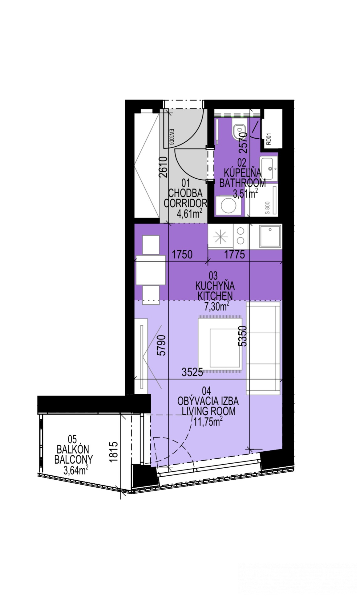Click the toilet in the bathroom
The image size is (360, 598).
pos(238,130)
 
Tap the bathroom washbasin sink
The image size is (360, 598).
pos(269,168)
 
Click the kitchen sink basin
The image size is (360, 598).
pos(270,236)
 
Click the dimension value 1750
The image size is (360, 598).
pos(182,255)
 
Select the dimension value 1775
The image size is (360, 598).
pos(234,255)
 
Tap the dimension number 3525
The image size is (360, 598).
pos(192,372)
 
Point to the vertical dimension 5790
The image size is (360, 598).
pos(161,345)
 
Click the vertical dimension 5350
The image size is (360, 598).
pos(242,336)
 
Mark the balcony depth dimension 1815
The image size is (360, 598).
pos(114,451)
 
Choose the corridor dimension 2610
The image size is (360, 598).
pos(163,167)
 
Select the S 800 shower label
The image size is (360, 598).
pos(267,208)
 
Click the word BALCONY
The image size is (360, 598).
pos(73,459)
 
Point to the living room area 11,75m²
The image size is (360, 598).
pos(208,421)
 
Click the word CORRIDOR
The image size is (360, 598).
pos(185,203)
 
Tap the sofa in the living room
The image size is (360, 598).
pos(263,348)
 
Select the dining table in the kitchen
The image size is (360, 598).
pos(151,270)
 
